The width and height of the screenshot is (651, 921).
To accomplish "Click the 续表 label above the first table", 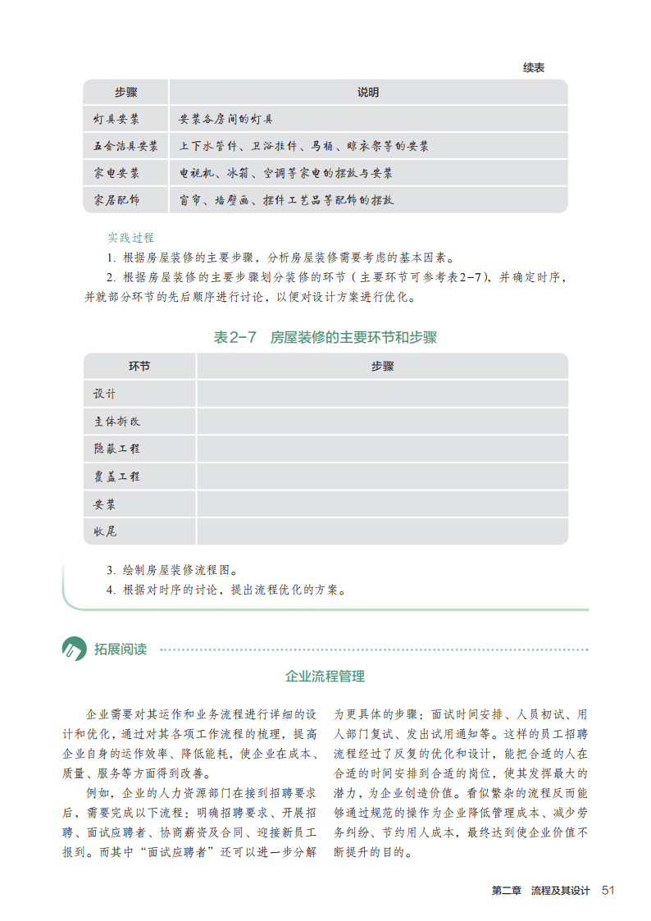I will click(x=534, y=67).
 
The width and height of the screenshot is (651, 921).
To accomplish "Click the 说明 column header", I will click(x=368, y=93).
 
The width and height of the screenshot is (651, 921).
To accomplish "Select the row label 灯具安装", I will click(x=116, y=120).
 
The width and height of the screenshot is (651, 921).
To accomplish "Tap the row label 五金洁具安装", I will click(x=125, y=147).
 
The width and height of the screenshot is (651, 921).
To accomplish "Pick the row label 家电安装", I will click(x=116, y=174).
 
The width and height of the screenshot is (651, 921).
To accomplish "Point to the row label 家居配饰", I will click(x=116, y=200).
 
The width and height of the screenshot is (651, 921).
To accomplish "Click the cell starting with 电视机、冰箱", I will click(x=286, y=174).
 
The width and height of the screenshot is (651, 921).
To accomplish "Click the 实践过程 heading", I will click(x=130, y=238).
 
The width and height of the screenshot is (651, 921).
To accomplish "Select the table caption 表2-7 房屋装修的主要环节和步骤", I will click(x=325, y=337).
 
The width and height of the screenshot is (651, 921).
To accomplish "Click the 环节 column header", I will click(x=139, y=367).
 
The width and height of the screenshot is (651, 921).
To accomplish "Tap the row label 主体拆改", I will click(x=117, y=422).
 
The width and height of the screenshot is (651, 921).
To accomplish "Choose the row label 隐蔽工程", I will click(x=117, y=449).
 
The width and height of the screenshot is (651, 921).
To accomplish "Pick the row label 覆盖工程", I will click(x=117, y=476).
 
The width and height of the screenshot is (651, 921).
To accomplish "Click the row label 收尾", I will click(x=106, y=531).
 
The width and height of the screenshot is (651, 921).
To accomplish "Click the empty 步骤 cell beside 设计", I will click(x=382, y=394).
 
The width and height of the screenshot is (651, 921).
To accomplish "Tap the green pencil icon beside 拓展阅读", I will click(x=74, y=650).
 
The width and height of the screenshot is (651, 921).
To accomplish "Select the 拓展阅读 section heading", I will click(x=121, y=650).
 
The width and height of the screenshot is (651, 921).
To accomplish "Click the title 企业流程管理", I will click(x=325, y=677).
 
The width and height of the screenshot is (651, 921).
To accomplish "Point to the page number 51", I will click(x=608, y=891).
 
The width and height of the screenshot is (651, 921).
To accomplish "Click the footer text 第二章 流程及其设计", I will click(x=540, y=891).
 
